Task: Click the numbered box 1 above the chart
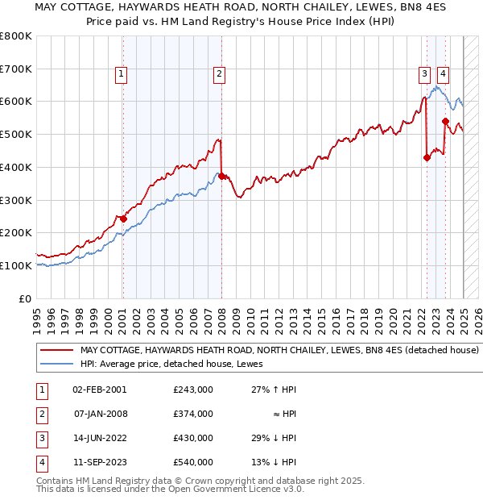[122, 74]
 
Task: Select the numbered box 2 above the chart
[219, 74]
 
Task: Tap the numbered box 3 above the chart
[424, 74]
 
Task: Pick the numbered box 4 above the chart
[443, 74]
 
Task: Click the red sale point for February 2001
[123, 219]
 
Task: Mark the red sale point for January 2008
[222, 176]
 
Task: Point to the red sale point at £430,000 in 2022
[427, 157]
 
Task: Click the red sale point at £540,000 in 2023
[444, 121]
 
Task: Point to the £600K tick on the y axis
[18, 102]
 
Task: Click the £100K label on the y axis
[18, 265]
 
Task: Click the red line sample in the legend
[58, 351]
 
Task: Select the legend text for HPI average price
[178, 365]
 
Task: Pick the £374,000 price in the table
[193, 413]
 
